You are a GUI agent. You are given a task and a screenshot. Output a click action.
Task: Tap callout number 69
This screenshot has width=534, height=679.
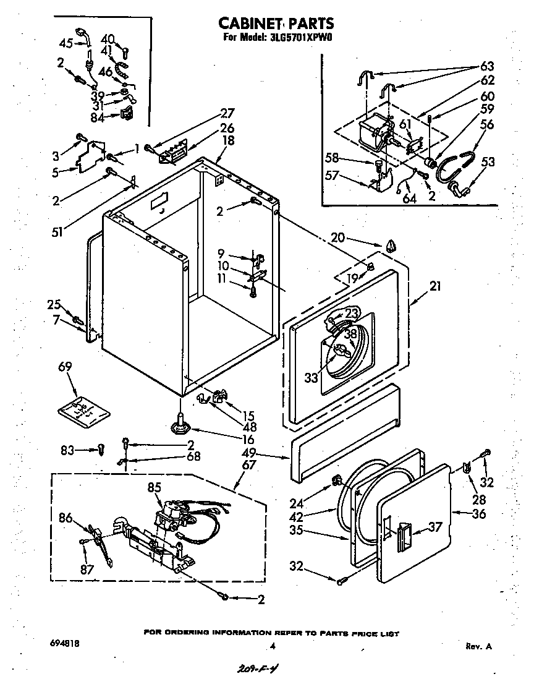tap(65, 367)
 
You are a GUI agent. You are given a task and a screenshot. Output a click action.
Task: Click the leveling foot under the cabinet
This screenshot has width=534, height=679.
tap(180, 425)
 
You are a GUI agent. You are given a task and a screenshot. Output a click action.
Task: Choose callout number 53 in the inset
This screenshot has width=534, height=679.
tap(488, 162)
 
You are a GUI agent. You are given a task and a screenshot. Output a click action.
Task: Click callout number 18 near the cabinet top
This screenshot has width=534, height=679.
tap(228, 140)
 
